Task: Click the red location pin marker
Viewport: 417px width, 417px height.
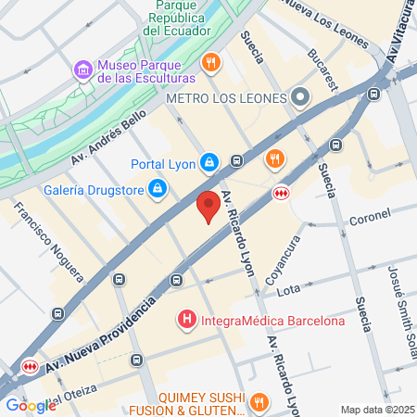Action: (209, 208)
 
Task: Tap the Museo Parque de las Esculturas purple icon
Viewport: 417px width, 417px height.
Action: (82, 69)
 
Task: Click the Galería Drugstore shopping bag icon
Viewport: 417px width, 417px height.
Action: (158, 189)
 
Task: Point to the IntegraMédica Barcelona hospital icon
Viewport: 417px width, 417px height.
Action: (186, 322)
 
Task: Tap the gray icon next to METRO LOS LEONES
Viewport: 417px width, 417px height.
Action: (299, 97)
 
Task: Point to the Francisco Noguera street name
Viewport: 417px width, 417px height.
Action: (52, 244)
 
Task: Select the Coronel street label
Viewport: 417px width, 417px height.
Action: (370, 222)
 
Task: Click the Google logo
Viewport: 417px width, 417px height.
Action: (31, 405)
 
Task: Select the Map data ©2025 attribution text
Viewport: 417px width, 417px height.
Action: (376, 410)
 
